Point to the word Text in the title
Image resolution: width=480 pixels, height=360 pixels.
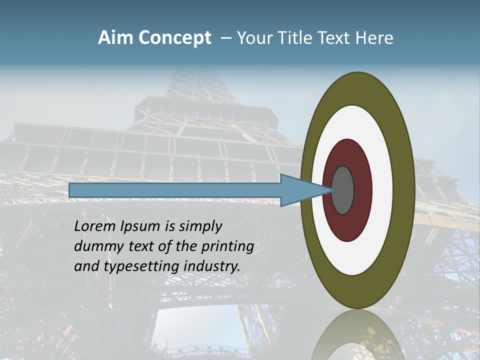[335, 38]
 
